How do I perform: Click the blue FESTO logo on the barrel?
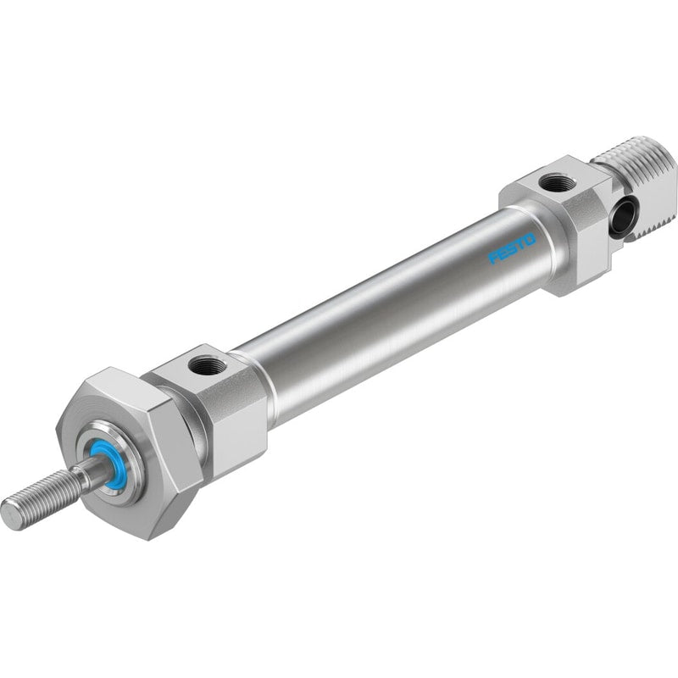pyautogui.click(x=512, y=248)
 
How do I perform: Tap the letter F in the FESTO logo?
pyautogui.click(x=493, y=258)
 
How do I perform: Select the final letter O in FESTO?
pyautogui.click(x=530, y=239)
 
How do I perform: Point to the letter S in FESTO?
pyautogui.click(x=512, y=248)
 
